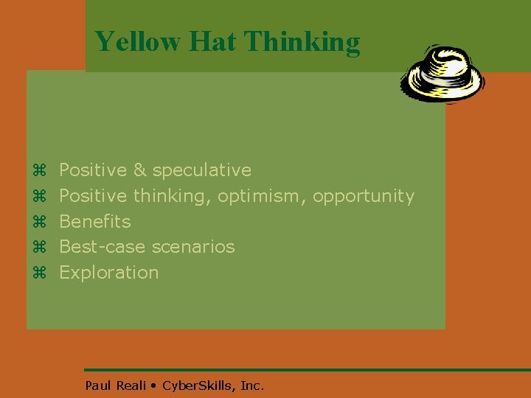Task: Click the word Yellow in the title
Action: [138, 41]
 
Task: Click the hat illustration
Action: [443, 74]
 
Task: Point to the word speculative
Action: [202, 170]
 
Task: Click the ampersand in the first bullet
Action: [140, 170]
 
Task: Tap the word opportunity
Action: [364, 196]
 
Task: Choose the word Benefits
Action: [95, 221]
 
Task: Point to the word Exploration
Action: [109, 273]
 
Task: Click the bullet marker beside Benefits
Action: [40, 222]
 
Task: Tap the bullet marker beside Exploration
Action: [40, 273]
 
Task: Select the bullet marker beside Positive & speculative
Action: [40, 171]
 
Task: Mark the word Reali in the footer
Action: [131, 385]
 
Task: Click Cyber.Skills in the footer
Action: [195, 385]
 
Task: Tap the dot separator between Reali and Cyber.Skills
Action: [153, 385]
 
